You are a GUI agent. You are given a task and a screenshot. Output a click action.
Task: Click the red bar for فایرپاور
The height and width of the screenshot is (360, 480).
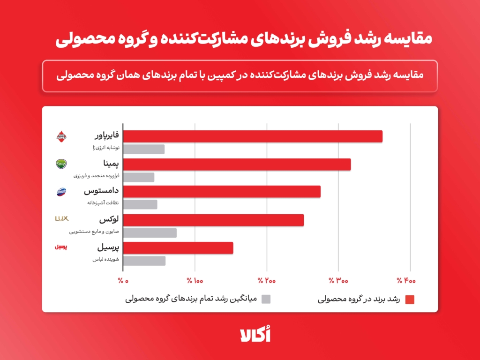(x=253, y=136)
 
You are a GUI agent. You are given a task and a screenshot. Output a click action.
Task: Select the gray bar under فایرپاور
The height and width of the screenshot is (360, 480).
(x=144, y=149)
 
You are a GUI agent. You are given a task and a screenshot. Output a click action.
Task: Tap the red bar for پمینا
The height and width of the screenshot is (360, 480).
(x=237, y=164)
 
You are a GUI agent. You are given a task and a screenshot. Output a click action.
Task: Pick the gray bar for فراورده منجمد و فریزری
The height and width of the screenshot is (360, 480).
(x=139, y=177)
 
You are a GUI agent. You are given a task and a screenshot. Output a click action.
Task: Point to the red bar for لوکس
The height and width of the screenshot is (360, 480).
(x=214, y=220)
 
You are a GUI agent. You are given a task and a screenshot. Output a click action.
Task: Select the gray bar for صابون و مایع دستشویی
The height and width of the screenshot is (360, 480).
(x=150, y=233)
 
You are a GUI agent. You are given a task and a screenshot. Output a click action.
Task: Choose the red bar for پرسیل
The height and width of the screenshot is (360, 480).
(x=178, y=248)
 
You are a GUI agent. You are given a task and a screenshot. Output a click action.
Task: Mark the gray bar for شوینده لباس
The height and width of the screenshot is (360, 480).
(x=144, y=261)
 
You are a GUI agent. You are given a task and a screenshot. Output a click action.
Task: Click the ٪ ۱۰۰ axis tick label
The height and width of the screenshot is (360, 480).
(x=195, y=281)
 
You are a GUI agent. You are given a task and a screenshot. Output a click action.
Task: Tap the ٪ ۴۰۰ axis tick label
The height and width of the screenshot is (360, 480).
(x=406, y=281)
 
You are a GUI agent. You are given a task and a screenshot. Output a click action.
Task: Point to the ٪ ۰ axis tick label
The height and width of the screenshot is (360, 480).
(x=123, y=281)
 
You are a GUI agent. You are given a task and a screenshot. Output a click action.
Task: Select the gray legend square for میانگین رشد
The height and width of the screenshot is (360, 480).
(x=266, y=299)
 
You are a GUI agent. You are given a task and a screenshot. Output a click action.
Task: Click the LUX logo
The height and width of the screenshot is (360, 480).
(x=62, y=218)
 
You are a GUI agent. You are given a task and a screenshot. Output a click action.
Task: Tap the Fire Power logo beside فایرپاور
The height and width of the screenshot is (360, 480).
(x=61, y=136)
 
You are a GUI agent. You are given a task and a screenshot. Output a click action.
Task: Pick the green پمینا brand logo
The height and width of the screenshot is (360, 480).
(x=61, y=164)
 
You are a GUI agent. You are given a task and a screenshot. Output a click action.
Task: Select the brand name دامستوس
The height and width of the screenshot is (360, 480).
(x=101, y=192)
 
